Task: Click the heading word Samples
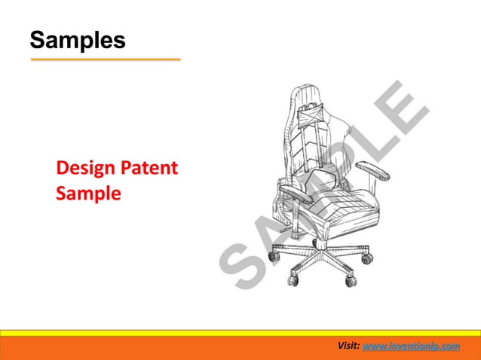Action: [77, 40]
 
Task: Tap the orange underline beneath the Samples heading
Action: [105, 59]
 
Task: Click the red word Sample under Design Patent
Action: [88, 193]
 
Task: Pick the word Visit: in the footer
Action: [348, 346]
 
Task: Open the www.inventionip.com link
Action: [411, 346]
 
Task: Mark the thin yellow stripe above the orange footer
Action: [240, 332]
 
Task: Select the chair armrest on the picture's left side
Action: [299, 195]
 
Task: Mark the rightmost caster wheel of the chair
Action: [367, 258]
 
